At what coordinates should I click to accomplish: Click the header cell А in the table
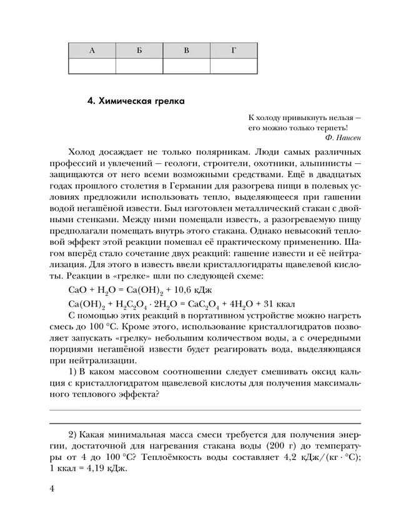tap(93, 51)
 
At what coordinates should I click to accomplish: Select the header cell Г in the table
tap(233, 51)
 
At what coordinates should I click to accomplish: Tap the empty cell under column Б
tap(139, 66)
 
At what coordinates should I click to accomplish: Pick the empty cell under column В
tap(186, 66)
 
